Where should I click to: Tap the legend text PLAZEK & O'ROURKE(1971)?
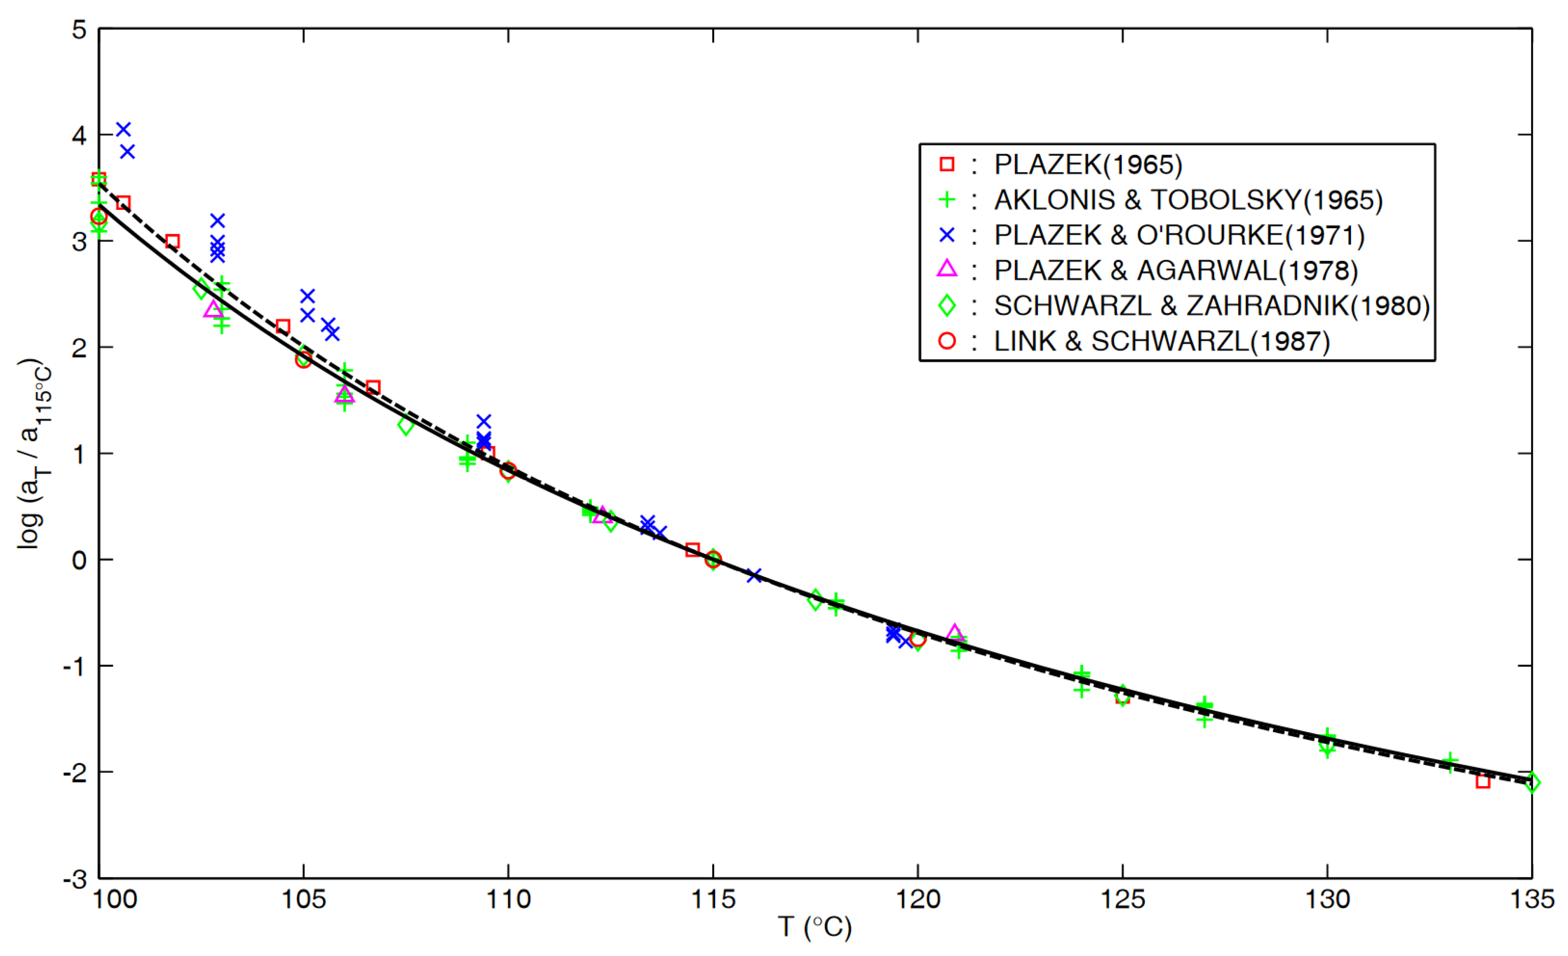coord(1179,235)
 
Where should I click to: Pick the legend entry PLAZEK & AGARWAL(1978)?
coord(1176,271)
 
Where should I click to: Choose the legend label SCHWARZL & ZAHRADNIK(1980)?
coord(1211,306)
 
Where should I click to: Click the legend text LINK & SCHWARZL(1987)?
coord(1162,341)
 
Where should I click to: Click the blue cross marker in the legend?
coord(947,235)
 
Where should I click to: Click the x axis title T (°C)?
coord(815,927)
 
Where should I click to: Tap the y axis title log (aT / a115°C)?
coord(35,453)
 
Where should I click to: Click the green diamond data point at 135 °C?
coord(1532,783)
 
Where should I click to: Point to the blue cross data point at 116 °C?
coord(754,576)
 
